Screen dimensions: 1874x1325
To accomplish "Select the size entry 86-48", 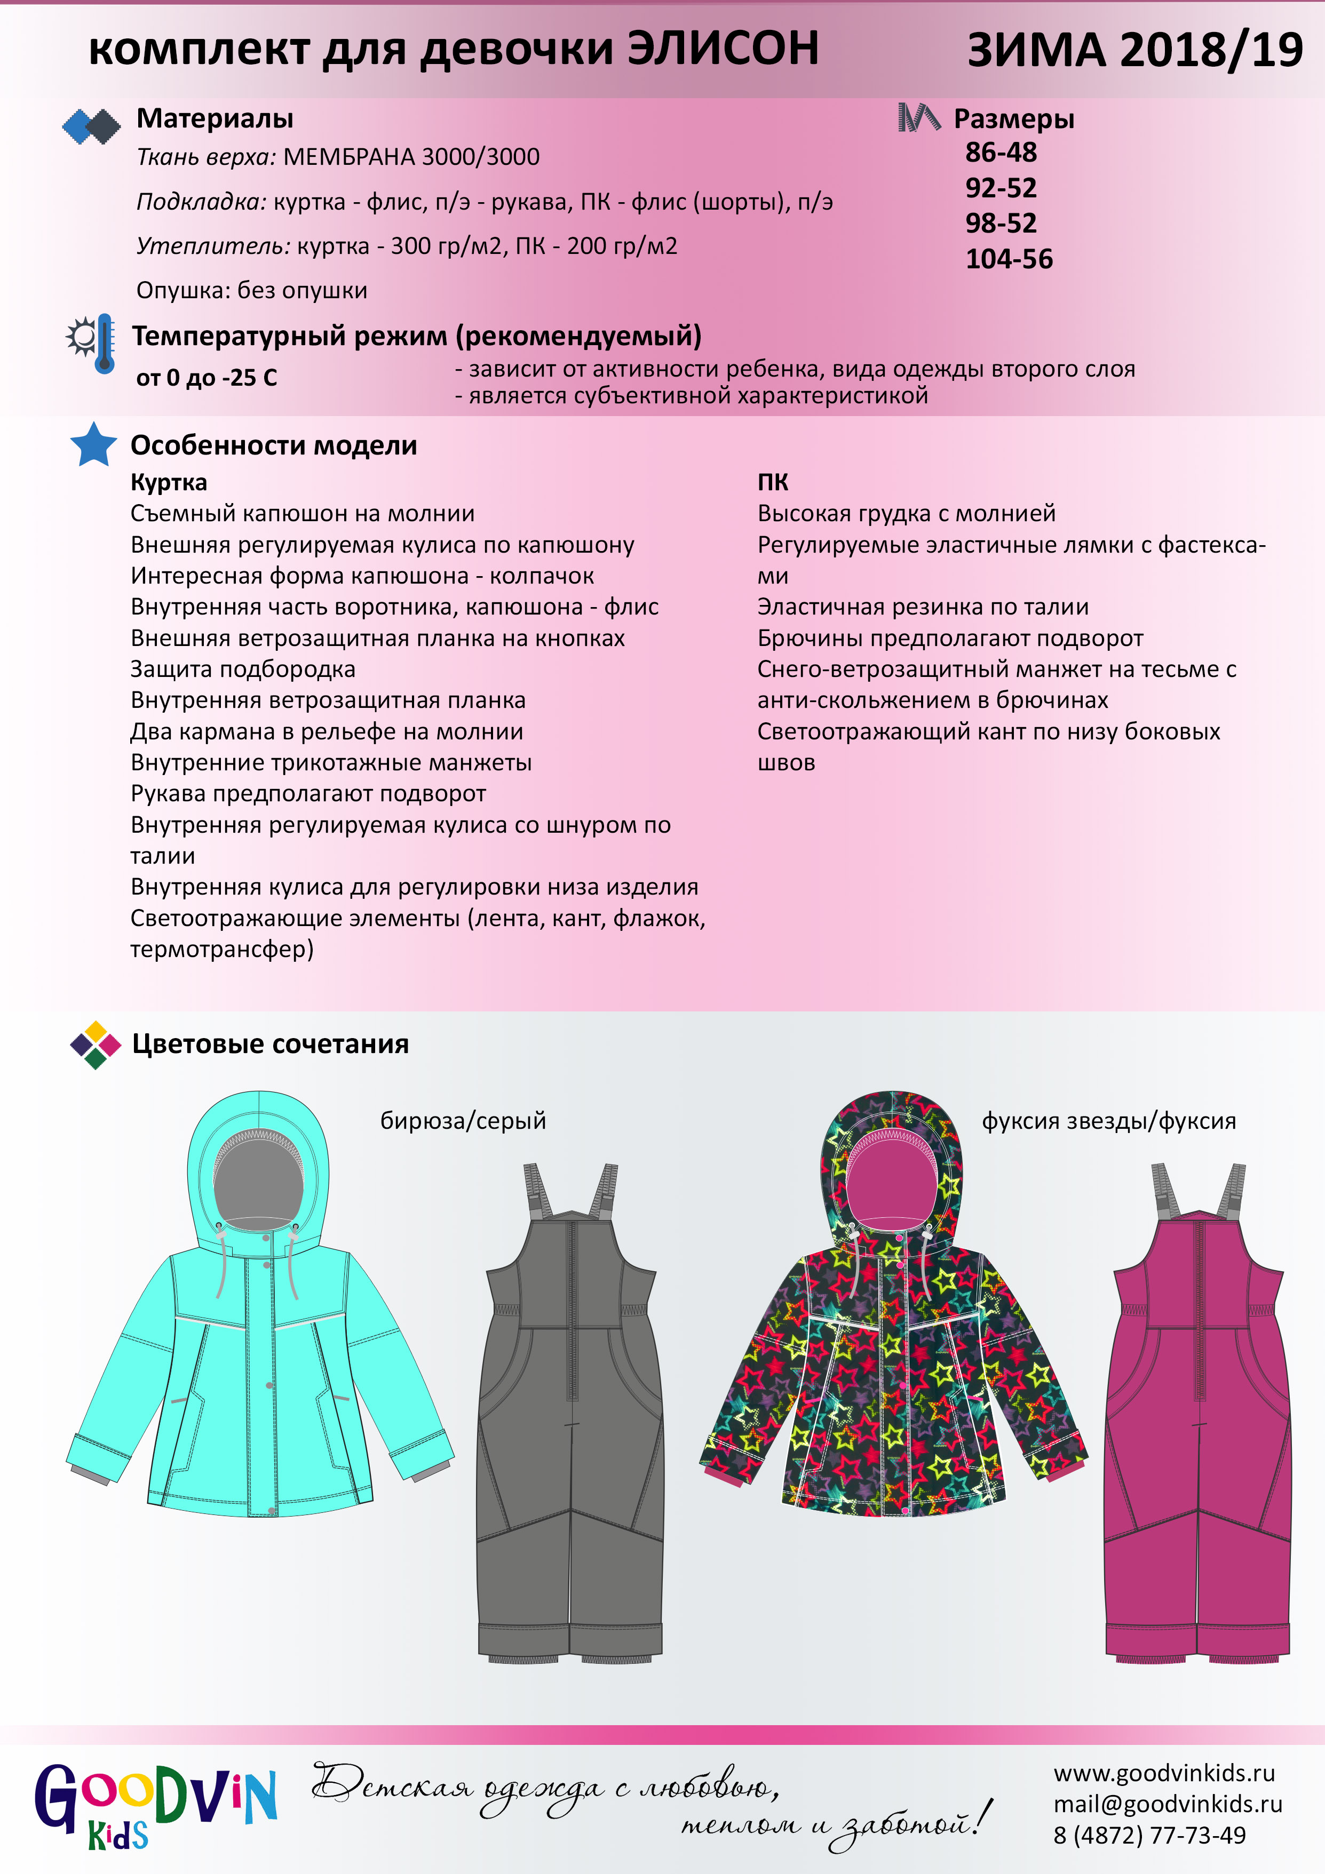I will click(x=1001, y=153).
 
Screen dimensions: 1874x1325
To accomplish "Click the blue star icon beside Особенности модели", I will click(x=93, y=445).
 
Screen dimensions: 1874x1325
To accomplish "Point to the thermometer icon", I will click(x=104, y=344).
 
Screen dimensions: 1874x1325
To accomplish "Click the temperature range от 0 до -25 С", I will click(x=207, y=378).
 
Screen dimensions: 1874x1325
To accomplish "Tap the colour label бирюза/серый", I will click(x=463, y=1121).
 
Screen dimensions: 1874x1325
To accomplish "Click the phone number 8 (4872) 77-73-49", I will click(x=1149, y=1836).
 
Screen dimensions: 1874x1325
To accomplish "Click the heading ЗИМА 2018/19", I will click(x=1135, y=51).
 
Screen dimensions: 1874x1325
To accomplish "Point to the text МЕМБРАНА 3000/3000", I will click(x=411, y=157).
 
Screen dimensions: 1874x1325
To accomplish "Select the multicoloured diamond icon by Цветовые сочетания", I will click(x=96, y=1044).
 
